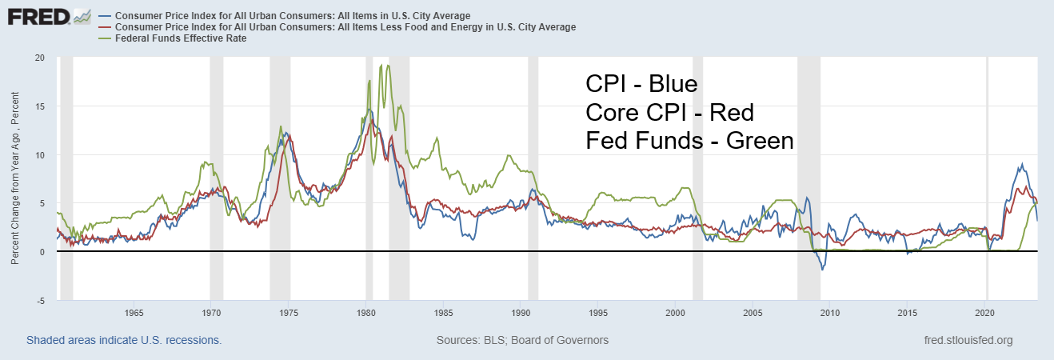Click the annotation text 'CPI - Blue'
tap(641, 84)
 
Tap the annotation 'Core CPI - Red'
tap(669, 112)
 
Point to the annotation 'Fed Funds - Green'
tap(689, 141)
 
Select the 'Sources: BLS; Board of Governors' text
tap(522, 340)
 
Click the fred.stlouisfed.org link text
tap(968, 340)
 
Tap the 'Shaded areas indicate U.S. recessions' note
tap(124, 340)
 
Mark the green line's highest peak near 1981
tap(389, 66)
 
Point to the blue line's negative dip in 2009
tap(822, 270)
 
